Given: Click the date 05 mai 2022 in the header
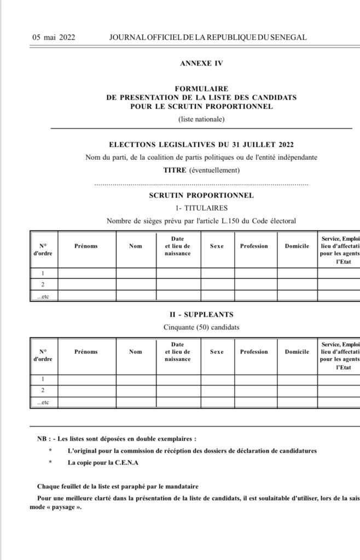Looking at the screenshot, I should click(x=54, y=37).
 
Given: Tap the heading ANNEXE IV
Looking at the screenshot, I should click(x=201, y=63).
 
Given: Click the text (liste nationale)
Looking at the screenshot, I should click(x=201, y=119).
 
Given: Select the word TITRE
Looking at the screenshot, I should click(x=175, y=171).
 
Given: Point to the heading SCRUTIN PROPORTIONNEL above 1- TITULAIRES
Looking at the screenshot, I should click(x=201, y=195).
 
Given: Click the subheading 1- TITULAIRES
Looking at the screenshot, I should click(x=201, y=208).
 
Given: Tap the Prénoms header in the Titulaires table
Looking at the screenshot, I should click(x=86, y=246).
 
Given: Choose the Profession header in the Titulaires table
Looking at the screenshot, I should click(x=254, y=246).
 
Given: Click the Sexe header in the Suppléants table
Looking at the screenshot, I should click(x=217, y=352).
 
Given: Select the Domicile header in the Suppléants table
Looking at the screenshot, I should click(x=297, y=352).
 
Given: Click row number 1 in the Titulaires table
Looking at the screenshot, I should click(x=42, y=273).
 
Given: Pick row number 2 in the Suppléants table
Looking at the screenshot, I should click(x=42, y=390).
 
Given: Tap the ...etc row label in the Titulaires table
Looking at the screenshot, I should click(x=42, y=296).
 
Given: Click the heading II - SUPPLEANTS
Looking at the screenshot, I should click(x=201, y=314).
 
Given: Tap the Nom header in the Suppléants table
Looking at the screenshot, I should click(x=135, y=352).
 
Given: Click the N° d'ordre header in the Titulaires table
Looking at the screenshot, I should click(x=42, y=249).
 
